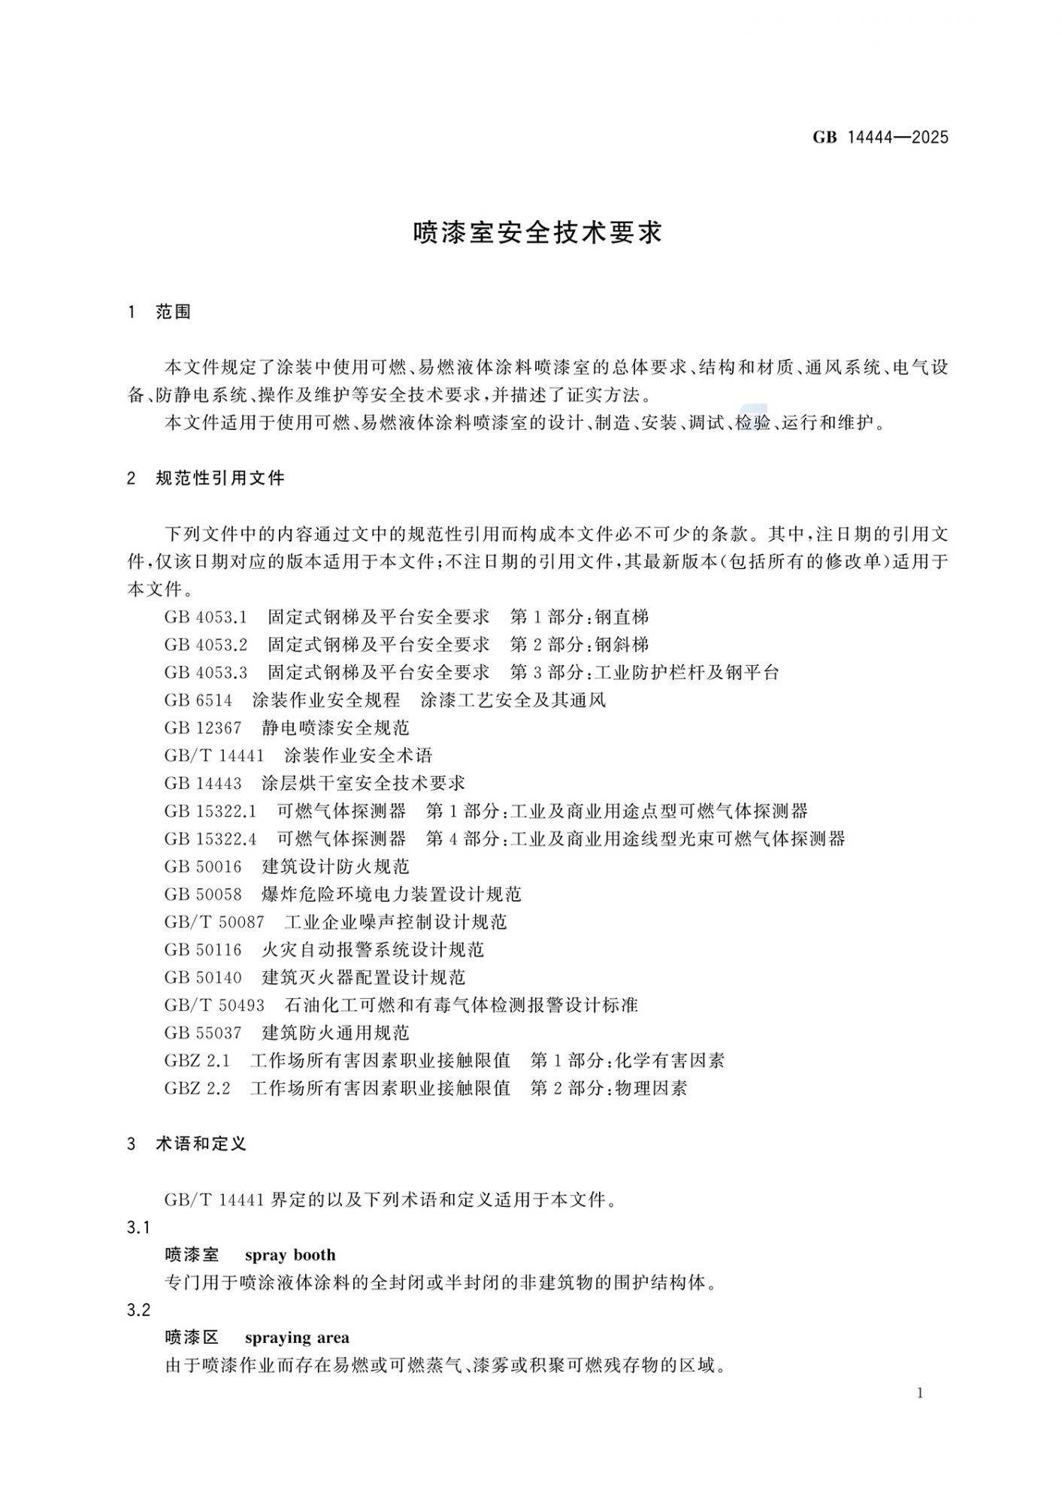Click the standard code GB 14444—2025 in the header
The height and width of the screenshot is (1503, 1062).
880,138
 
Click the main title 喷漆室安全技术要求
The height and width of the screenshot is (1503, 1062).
537,233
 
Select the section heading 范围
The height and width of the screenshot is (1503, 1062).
174,312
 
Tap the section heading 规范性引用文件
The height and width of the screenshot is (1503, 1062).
220,478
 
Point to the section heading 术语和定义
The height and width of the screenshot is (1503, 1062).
201,1144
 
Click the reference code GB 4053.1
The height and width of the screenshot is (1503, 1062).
206,618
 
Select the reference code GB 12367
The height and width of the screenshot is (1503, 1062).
203,728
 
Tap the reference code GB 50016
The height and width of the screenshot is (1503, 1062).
203,866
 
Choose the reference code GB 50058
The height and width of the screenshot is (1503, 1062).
203,894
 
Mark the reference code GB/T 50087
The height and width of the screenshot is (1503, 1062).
214,922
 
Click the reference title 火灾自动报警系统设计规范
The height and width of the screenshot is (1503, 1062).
373,950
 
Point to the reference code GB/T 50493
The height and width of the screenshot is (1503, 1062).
214,1005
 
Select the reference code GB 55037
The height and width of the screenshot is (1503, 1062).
203,1033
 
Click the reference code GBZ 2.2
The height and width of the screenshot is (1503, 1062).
197,1088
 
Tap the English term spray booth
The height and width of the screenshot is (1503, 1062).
290,1255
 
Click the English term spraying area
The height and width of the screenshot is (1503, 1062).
297,1338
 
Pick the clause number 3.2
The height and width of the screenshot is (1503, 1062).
139,1311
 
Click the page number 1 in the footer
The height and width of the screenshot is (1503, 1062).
921,1393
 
